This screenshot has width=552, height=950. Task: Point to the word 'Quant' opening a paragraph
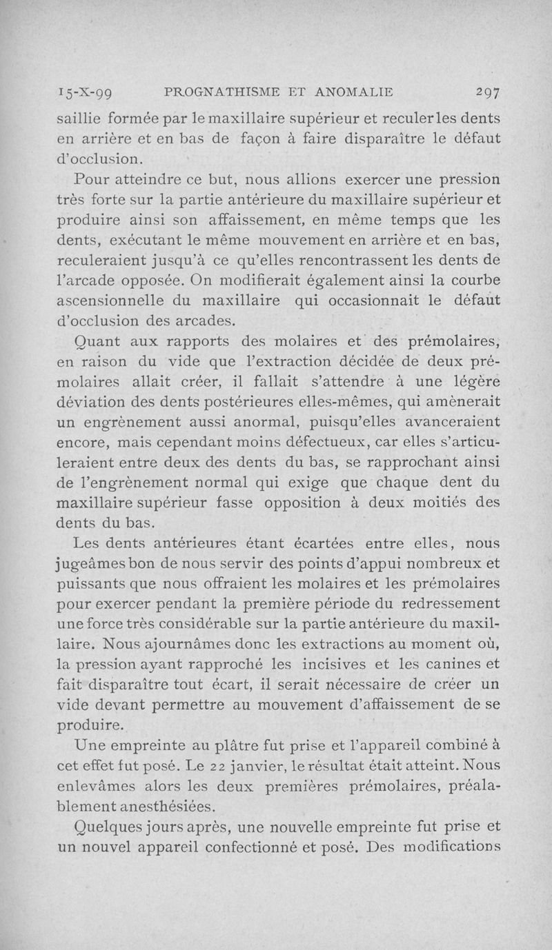(x=97, y=341)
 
